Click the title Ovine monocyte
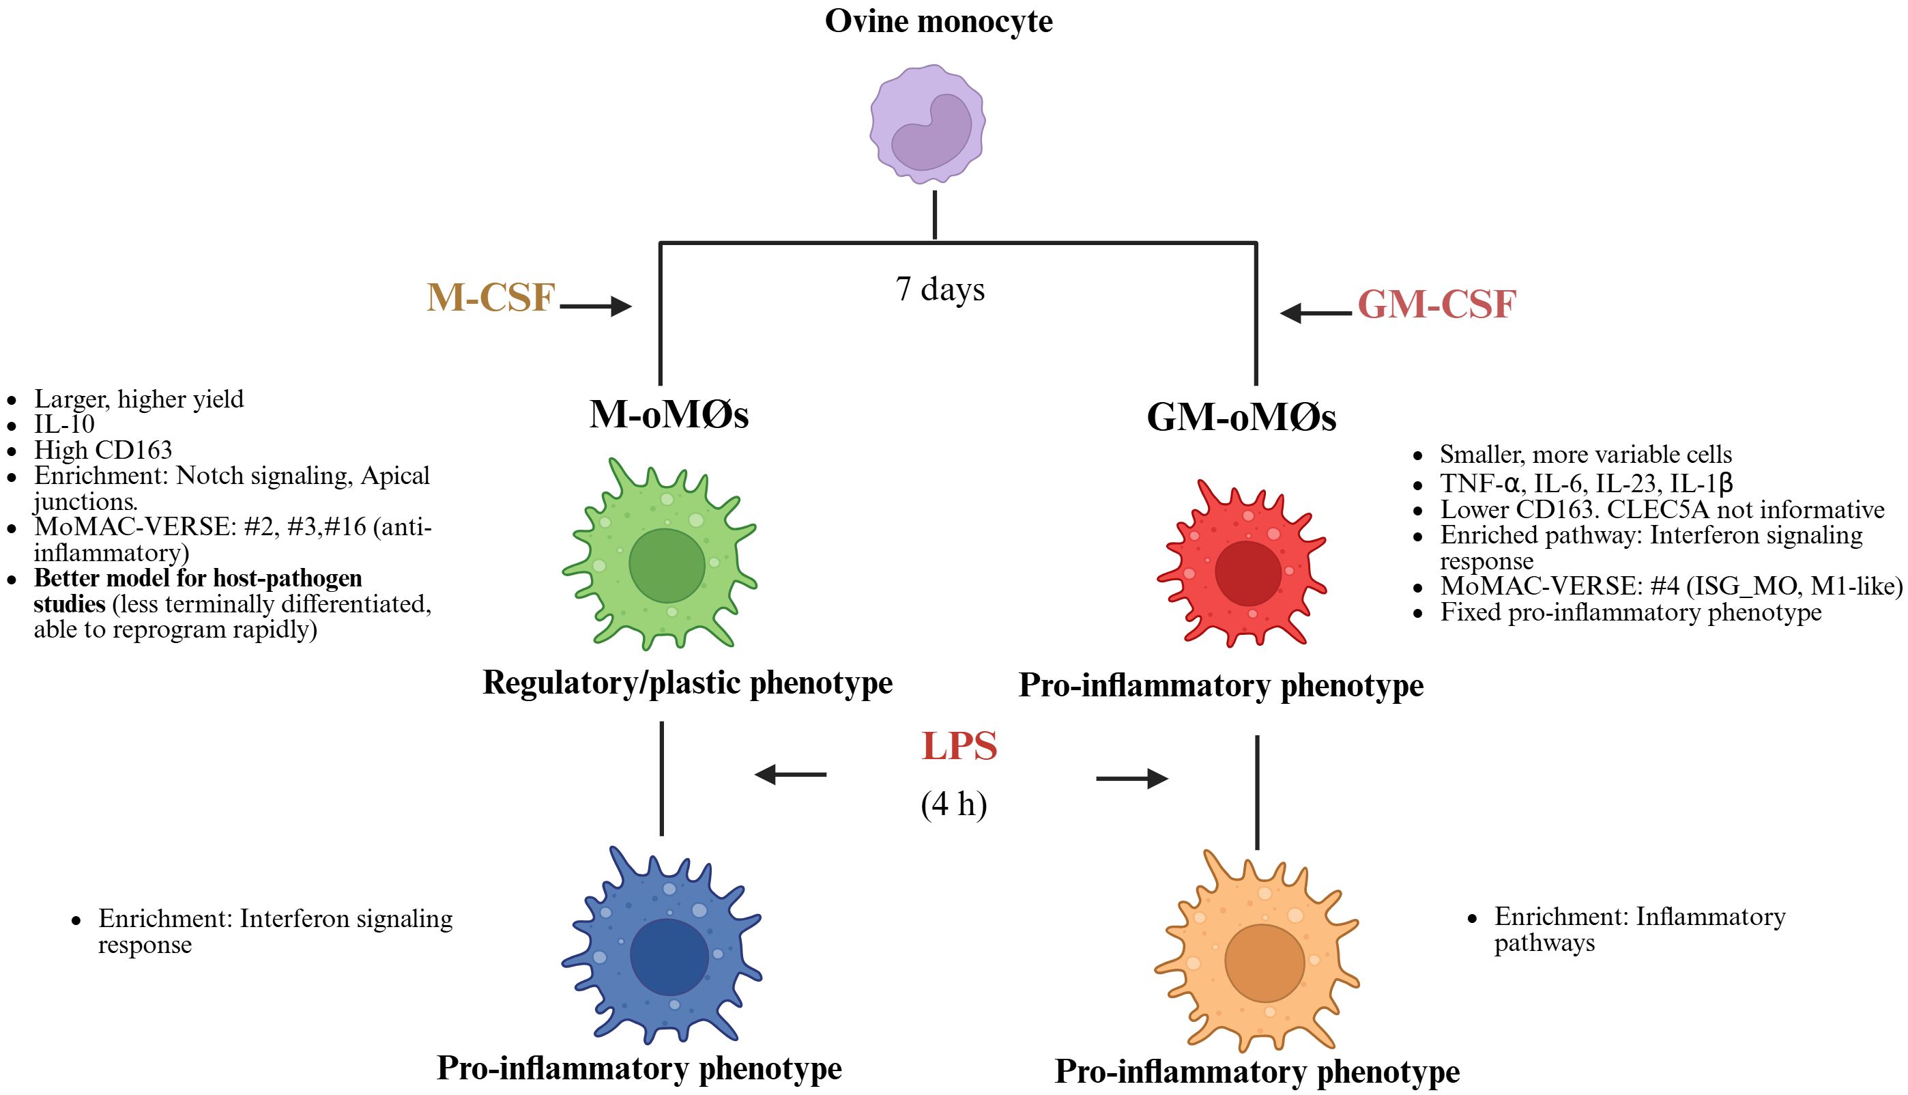tap(938, 21)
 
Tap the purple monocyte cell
tap(927, 125)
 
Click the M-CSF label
tap(490, 297)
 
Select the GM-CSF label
tap(1436, 304)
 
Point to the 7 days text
tap(940, 289)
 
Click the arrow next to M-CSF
tap(596, 306)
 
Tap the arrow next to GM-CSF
tap(1316, 312)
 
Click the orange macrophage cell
tap(1258, 955)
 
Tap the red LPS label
tap(959, 746)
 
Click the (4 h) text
tap(953, 804)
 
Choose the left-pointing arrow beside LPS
tap(790, 774)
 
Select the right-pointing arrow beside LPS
tap(1132, 778)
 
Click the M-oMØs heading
tap(668, 414)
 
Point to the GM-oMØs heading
tap(1241, 416)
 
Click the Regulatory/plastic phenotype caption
tap(687, 683)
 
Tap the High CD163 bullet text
tap(103, 450)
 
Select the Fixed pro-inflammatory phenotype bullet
tap(1630, 612)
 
